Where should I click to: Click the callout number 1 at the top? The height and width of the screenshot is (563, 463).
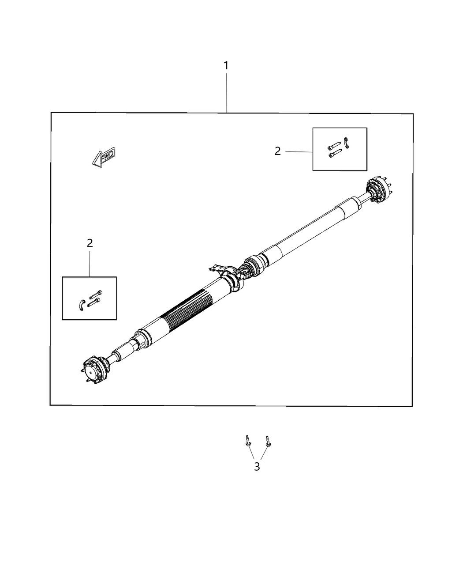[226, 66]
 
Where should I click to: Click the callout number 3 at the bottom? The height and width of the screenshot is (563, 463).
[257, 467]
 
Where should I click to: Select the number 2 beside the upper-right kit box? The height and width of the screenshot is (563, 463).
[277, 151]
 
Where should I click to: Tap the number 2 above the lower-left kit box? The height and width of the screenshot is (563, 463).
[90, 243]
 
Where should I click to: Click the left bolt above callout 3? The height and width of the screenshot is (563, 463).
[247, 441]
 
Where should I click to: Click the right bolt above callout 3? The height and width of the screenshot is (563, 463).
[267, 441]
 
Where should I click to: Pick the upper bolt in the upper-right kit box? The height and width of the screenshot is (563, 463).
[334, 146]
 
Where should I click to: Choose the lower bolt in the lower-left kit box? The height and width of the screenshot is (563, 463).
[94, 302]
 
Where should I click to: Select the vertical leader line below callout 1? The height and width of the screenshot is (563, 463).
[227, 93]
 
